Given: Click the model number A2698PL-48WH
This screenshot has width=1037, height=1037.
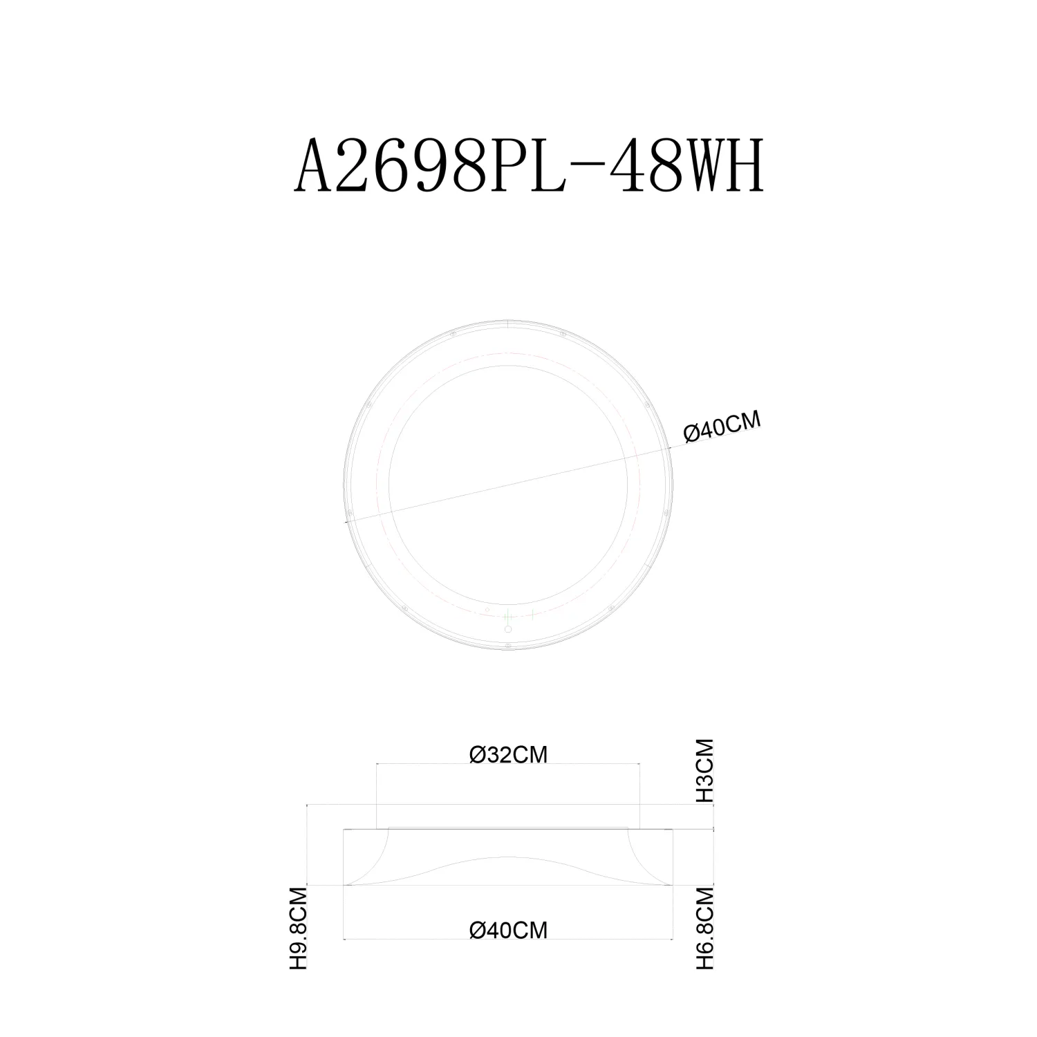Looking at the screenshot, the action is click(x=530, y=167).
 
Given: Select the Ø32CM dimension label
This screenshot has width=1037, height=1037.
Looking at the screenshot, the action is click(x=508, y=755).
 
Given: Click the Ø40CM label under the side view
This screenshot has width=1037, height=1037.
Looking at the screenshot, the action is click(x=508, y=931).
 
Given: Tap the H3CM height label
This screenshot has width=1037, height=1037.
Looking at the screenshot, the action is click(x=704, y=770).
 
